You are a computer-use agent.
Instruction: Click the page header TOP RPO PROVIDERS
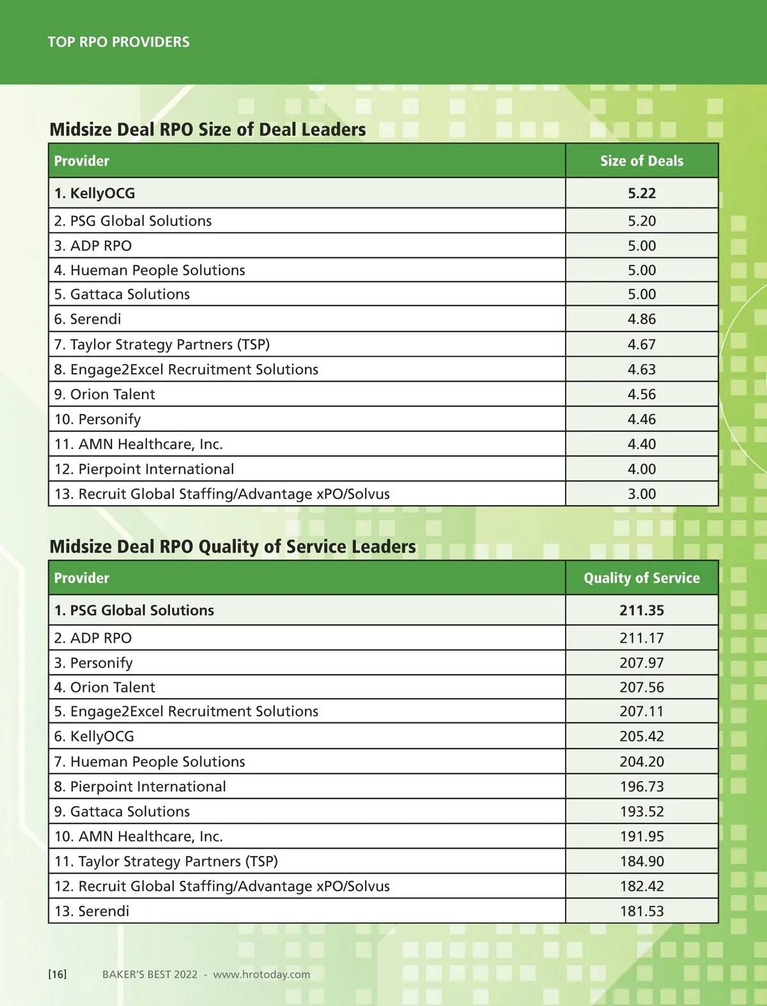click(118, 42)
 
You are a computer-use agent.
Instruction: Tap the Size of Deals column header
click(642, 161)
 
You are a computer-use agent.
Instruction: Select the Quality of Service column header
click(642, 578)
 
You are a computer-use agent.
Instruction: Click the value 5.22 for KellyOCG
click(642, 194)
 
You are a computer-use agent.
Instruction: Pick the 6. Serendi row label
click(88, 319)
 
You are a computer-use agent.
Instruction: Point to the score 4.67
click(642, 344)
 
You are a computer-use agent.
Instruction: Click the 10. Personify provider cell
click(98, 420)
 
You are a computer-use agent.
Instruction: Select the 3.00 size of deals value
click(642, 494)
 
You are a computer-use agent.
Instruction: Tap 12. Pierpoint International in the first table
click(144, 469)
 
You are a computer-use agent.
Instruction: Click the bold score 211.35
click(642, 611)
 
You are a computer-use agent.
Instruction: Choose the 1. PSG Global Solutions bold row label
click(134, 611)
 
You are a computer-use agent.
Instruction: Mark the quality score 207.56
click(642, 687)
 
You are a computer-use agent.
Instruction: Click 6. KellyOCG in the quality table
click(95, 736)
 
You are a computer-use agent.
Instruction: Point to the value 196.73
click(642, 787)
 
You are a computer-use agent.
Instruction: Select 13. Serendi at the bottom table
click(92, 911)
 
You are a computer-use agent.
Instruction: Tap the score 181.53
click(642, 911)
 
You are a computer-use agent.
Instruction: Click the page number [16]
click(58, 974)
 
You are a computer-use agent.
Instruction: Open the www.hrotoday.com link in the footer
click(261, 974)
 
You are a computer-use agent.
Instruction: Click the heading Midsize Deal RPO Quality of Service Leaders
click(233, 547)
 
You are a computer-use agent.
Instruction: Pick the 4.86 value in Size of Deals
click(642, 319)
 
